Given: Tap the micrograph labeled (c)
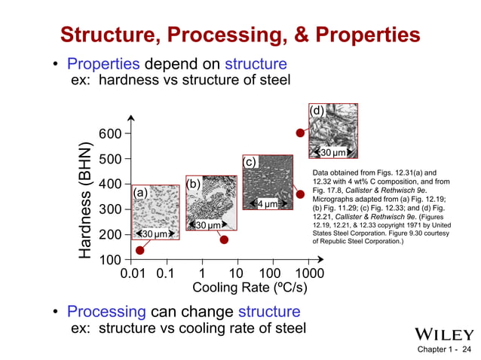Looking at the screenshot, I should pos(271,183).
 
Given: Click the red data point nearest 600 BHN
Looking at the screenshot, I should pos(300,133).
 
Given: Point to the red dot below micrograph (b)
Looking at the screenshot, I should pos(224,239).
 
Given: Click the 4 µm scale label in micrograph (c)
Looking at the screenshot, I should pos(268,203).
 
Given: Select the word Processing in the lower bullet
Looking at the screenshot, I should pos(106,312).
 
